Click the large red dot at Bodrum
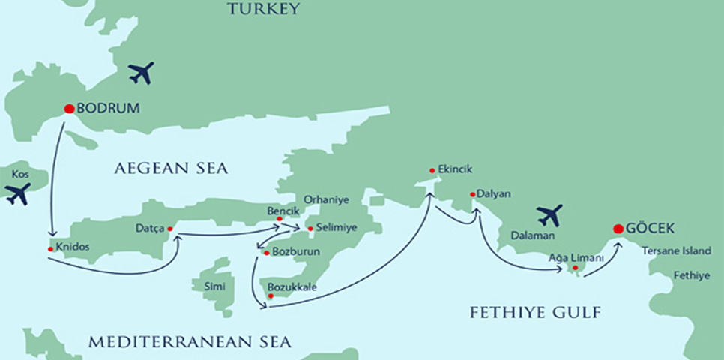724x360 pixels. point(69,108)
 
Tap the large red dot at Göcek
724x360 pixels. point(618,229)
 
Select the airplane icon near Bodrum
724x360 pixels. point(140,73)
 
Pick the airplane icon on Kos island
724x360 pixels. point(17,193)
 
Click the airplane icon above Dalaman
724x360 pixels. point(549,215)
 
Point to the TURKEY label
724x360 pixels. point(265,10)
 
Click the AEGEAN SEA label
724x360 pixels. point(171,169)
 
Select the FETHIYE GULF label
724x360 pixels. point(535,312)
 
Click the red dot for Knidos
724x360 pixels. point(50,248)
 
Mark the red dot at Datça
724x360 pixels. point(169,229)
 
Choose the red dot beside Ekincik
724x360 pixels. point(432,170)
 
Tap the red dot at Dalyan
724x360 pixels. point(472,195)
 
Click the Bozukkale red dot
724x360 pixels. point(270,295)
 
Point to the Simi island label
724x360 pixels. point(203,286)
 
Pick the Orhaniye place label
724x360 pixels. point(323,201)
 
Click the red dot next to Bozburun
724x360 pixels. point(265,253)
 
